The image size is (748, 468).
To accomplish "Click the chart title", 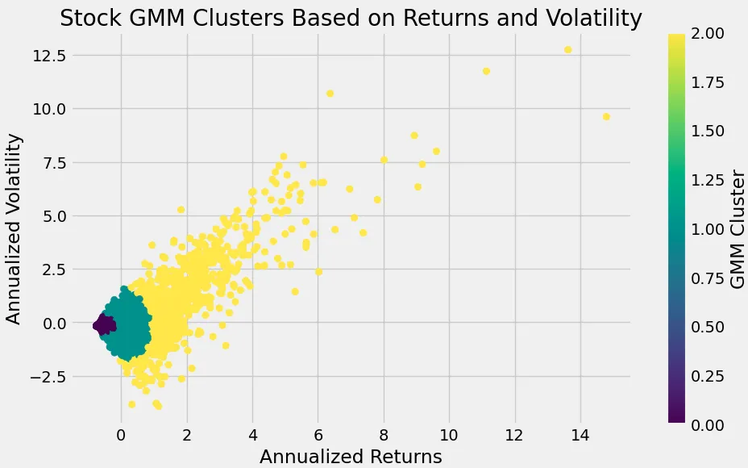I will (351, 18).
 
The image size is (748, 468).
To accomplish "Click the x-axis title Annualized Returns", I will (351, 456).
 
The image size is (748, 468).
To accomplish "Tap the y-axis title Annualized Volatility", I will (14, 228).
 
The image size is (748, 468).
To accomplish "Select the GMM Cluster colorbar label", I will (736, 228).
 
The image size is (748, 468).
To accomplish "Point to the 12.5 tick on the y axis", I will (50, 55).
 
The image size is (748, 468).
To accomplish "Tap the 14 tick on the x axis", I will (579, 436).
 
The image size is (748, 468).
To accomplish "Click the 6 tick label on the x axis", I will (318, 436).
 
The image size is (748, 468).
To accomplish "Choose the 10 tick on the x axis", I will (448, 436).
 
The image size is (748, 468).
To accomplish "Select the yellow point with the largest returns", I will (606, 117).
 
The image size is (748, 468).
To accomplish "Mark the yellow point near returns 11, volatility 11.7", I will (486, 71).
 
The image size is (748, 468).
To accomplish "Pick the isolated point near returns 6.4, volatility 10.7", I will (330, 94).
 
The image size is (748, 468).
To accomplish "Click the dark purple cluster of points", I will (102, 324).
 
